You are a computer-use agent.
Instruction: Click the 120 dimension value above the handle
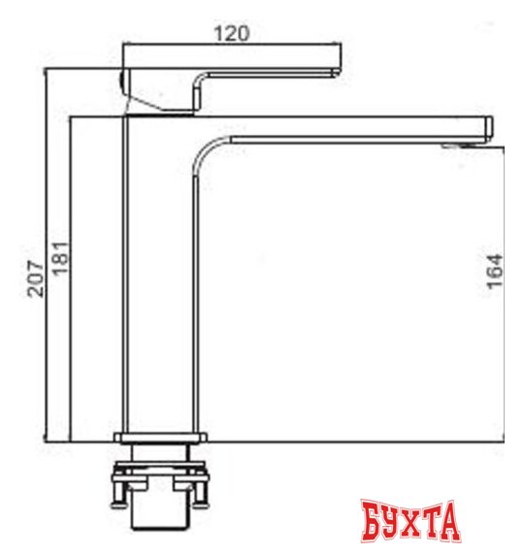coord(232,32)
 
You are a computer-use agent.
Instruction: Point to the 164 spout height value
coord(496,272)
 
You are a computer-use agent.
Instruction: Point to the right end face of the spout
coord(490,126)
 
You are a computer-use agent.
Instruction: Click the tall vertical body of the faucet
coord(160,281)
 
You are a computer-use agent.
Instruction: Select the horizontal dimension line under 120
coord(232,44)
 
